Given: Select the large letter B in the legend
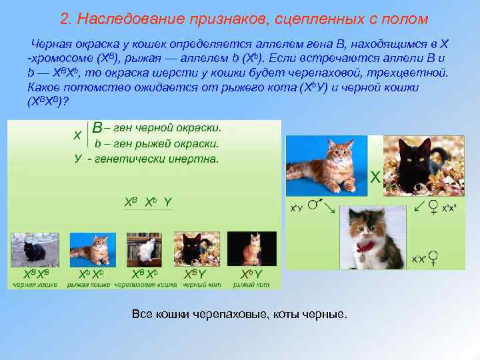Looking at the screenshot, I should coord(97,127).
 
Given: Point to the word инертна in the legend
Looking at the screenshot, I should coord(195,159).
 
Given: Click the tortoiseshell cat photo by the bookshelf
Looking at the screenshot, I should coord(144,249).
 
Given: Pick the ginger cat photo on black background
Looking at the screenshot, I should coord(251,249).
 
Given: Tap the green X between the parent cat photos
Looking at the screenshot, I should coord(375,177).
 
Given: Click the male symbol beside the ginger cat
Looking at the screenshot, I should coord(319,200).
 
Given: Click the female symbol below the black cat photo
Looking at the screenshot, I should coord(433,207).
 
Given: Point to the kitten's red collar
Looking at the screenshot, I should coord(364,246).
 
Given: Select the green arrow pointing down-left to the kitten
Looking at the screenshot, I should coord(419,208).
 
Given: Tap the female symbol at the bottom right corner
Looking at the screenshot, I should coord(433,257).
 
